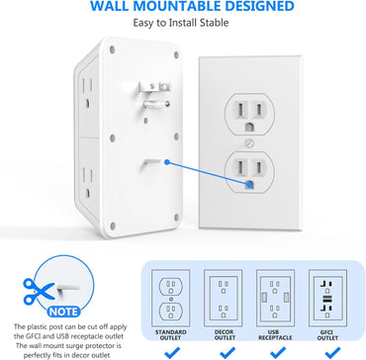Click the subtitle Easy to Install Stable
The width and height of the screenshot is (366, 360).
[182, 30]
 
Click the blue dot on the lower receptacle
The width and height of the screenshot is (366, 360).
[248, 181]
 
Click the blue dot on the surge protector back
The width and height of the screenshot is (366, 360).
[172, 158]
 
